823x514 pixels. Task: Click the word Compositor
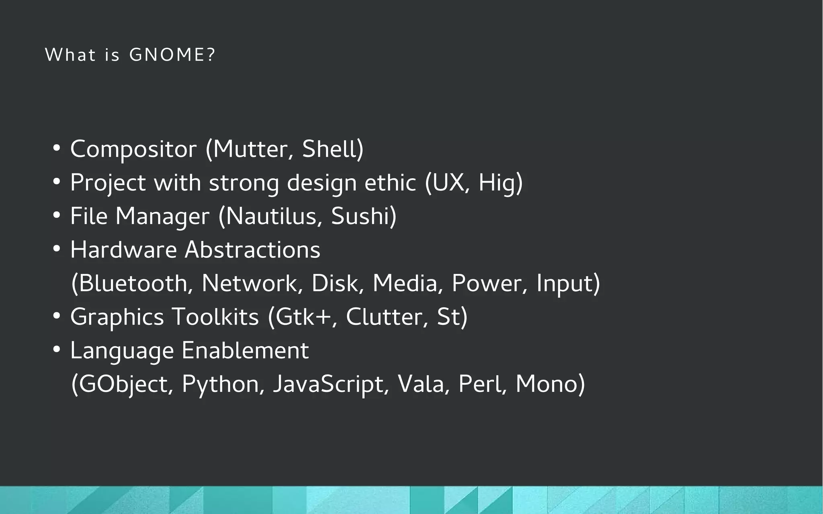tap(133, 149)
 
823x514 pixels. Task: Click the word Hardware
tap(123, 250)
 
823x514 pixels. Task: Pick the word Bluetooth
tap(133, 283)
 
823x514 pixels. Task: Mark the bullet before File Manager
tap(57, 216)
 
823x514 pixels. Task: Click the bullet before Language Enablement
tap(57, 350)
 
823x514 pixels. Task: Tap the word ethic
tap(390, 183)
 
